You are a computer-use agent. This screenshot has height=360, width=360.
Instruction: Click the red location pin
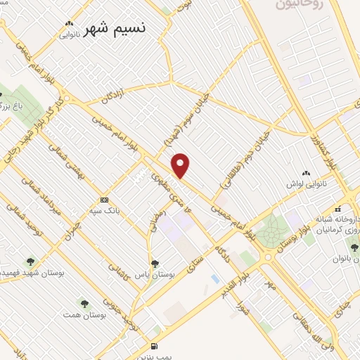pos(181,166)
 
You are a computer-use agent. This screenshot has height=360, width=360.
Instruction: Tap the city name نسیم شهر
pos(116,29)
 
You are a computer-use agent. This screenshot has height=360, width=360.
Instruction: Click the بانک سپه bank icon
pos(105,199)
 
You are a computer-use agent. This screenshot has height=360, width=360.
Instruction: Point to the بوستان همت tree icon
pos(85,304)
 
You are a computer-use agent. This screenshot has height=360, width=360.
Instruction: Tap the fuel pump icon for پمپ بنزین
pos(155,346)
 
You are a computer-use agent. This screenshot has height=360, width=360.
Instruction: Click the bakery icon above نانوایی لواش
pos(306,174)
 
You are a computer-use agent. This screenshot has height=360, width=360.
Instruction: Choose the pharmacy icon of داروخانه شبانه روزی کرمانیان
pos(338,209)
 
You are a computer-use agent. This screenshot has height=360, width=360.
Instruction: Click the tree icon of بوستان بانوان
pos(354,247)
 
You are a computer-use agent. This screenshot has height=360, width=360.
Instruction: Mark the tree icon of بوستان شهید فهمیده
pos(30,261)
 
